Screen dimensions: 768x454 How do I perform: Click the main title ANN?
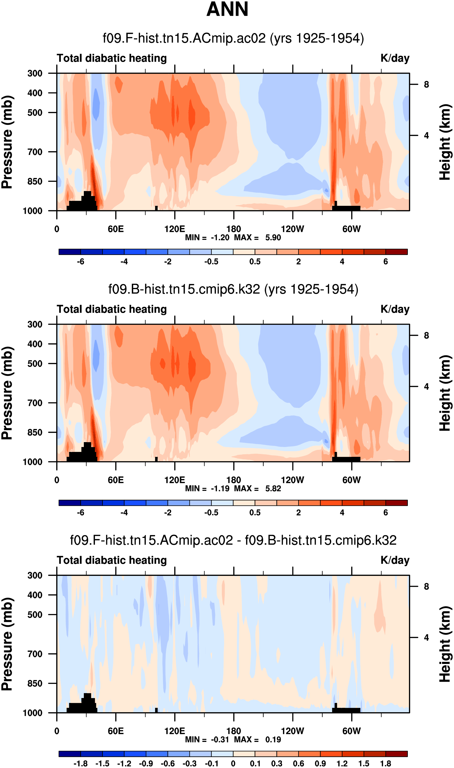pos(227,10)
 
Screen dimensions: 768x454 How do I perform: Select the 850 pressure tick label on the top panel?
pos(35,182)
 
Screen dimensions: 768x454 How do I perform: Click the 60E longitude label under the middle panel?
pos(116,480)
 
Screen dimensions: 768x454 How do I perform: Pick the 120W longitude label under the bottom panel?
pos(293,731)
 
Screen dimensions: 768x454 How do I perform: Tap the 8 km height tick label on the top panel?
pos(426,84)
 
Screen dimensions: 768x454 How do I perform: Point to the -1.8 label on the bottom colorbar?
pos(80,764)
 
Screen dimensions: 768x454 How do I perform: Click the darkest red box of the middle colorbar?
pos(396,503)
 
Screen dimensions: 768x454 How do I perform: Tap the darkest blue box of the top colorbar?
pos(70,252)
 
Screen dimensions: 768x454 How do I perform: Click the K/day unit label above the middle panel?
pos(395,309)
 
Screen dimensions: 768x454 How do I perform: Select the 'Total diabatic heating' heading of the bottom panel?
pos(112,560)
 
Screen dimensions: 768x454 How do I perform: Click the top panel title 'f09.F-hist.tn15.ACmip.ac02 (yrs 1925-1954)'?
pos(233,38)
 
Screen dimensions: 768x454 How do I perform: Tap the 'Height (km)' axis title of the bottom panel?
pos(445,644)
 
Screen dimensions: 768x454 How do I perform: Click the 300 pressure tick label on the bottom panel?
pos(35,575)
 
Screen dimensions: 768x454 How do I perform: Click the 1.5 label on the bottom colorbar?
pos(364,764)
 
